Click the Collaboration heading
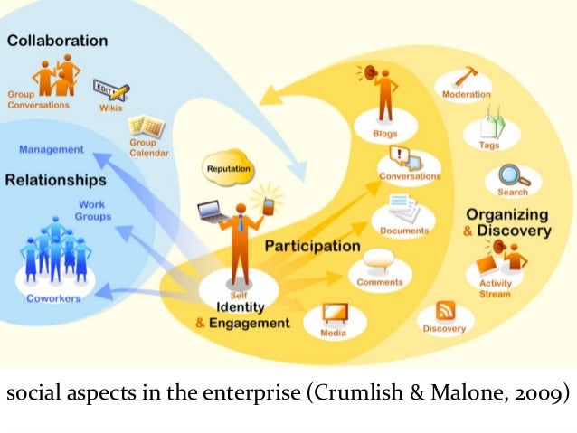pos(56,41)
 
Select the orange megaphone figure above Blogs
pos(383,90)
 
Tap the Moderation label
pos(467,94)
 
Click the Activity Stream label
pos(494,288)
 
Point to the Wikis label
pos(110,108)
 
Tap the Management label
pos(52,148)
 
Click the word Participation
pos(313,245)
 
